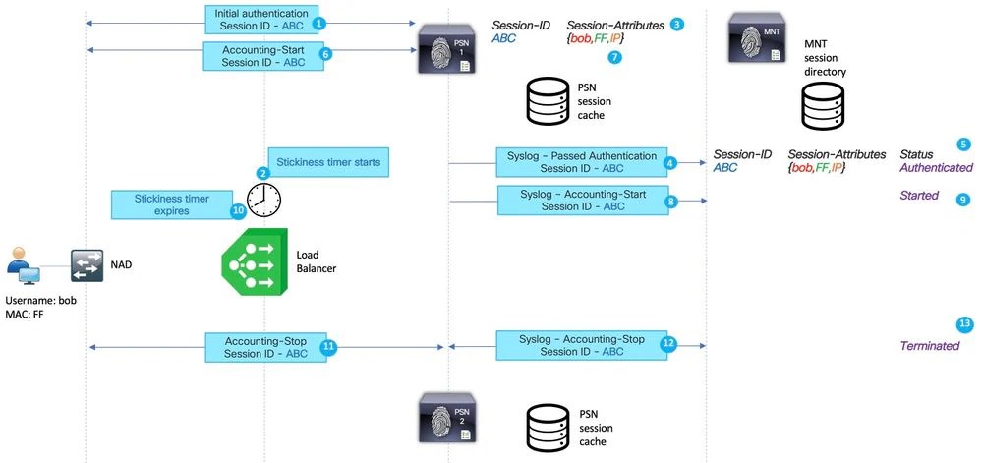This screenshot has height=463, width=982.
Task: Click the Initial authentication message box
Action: pyautogui.click(x=260, y=19)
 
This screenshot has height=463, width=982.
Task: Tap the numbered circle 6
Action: pyautogui.click(x=327, y=55)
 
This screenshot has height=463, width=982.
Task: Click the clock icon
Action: pyautogui.click(x=262, y=201)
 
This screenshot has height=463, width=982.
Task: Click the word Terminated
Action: pyautogui.click(x=929, y=346)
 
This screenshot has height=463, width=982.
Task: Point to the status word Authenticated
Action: pyautogui.click(x=936, y=168)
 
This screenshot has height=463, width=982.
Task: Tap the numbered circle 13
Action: pyautogui.click(x=964, y=324)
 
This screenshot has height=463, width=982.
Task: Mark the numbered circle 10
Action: pyautogui.click(x=237, y=210)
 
